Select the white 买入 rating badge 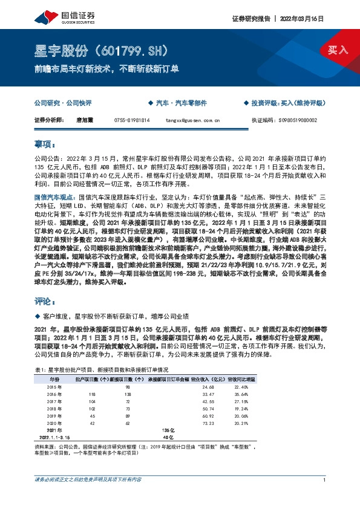pos(338,50)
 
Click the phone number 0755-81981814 pos(131,120)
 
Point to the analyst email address pos(192,120)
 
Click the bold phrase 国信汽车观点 pos(55,197)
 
